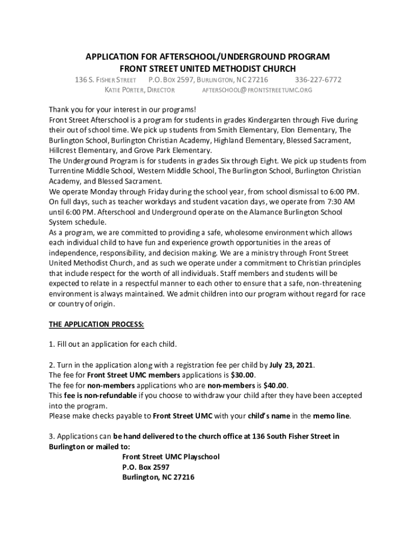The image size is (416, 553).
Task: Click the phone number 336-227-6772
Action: tap(318, 80)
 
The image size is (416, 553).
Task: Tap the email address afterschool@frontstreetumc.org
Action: tap(257, 90)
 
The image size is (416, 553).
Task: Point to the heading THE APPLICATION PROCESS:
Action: tap(97, 324)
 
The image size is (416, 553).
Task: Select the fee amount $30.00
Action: tap(243, 375)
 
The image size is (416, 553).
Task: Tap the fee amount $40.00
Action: tap(275, 385)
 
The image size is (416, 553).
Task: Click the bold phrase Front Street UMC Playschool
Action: tap(171, 457)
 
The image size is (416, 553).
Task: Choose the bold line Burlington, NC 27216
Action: tap(158, 477)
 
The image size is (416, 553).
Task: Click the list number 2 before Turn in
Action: tap(51, 365)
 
